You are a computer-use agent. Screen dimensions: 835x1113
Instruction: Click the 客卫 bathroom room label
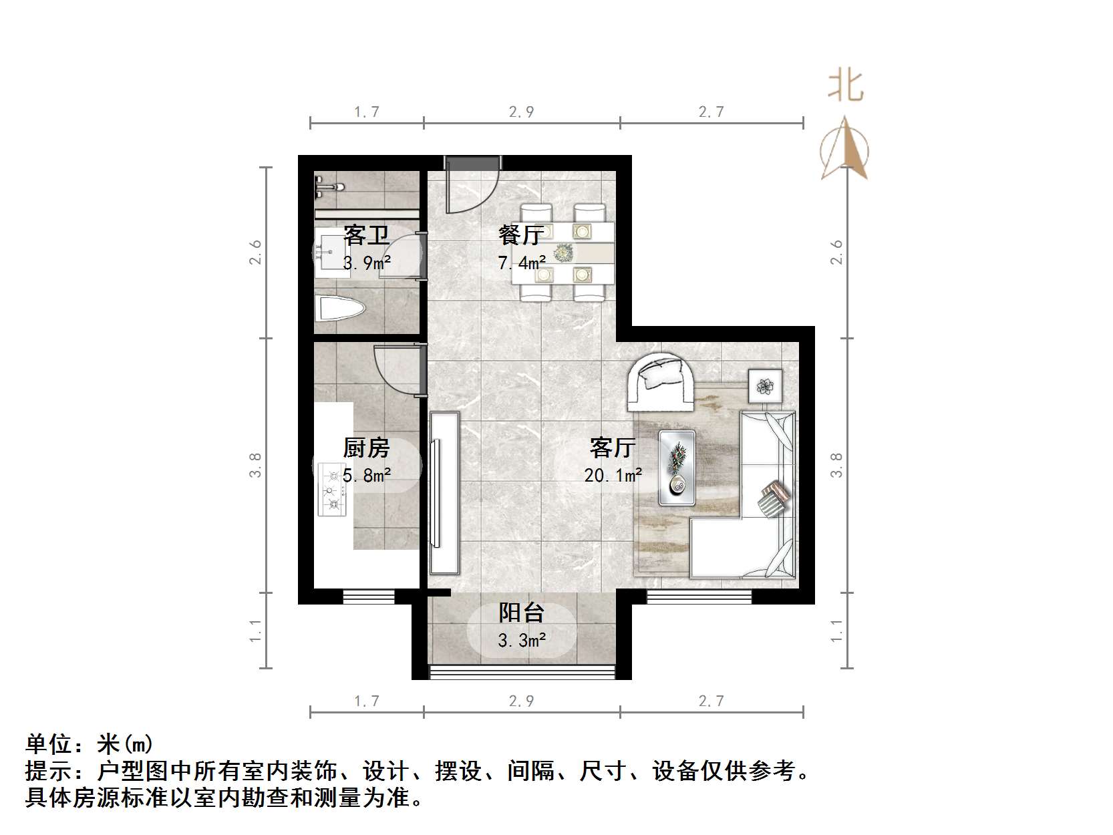[x=366, y=235]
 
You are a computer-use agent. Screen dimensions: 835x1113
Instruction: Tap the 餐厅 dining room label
[x=520, y=235]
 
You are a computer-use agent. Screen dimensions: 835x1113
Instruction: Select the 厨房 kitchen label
[x=366, y=448]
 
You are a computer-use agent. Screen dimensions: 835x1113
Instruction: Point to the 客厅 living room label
[x=613, y=448]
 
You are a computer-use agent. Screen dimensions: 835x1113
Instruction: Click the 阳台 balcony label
[x=522, y=613]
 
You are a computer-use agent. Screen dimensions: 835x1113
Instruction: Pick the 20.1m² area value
[x=613, y=476]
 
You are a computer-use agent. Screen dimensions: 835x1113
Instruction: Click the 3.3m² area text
[x=522, y=641]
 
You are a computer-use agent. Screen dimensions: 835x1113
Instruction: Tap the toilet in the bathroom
[x=341, y=309]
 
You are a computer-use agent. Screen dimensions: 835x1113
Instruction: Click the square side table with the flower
[x=765, y=386]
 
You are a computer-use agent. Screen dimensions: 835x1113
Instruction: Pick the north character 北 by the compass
[x=845, y=86]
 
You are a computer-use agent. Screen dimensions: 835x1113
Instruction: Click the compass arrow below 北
[x=845, y=148]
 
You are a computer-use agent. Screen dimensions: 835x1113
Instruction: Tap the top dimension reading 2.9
[x=521, y=112]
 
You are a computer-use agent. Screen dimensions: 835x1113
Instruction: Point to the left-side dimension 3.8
[x=255, y=465]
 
